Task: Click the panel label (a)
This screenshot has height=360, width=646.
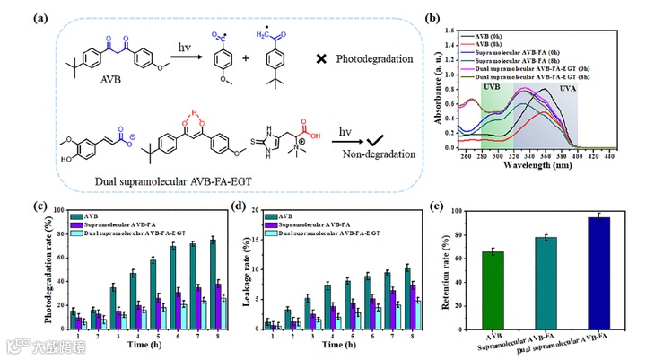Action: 17,16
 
